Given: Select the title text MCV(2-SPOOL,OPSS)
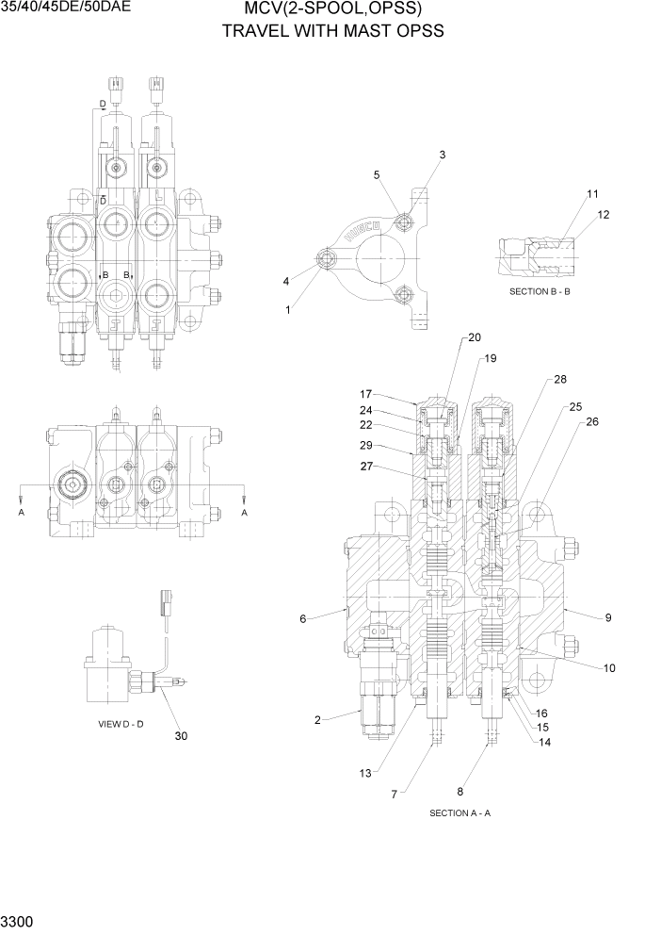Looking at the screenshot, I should pyautogui.click(x=331, y=10).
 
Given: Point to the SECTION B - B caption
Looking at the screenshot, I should pyautogui.click(x=540, y=291).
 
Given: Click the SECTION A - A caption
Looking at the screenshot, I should pyautogui.click(x=459, y=812).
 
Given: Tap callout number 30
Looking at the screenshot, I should pyautogui.click(x=180, y=736).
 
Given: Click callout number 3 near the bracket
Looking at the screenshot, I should pyautogui.click(x=442, y=155).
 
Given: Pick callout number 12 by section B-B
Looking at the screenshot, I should pyautogui.click(x=603, y=215).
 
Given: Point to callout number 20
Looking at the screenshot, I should pyautogui.click(x=474, y=337).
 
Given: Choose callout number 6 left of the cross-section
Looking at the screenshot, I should pyautogui.click(x=302, y=619).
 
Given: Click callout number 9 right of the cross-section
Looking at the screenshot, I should pyautogui.click(x=608, y=618).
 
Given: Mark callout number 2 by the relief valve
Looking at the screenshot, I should pyautogui.click(x=317, y=720).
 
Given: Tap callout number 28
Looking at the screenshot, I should pyautogui.click(x=559, y=379).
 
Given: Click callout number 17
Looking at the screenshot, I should pyautogui.click(x=366, y=393).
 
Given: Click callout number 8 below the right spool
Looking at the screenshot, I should pyautogui.click(x=459, y=792).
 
